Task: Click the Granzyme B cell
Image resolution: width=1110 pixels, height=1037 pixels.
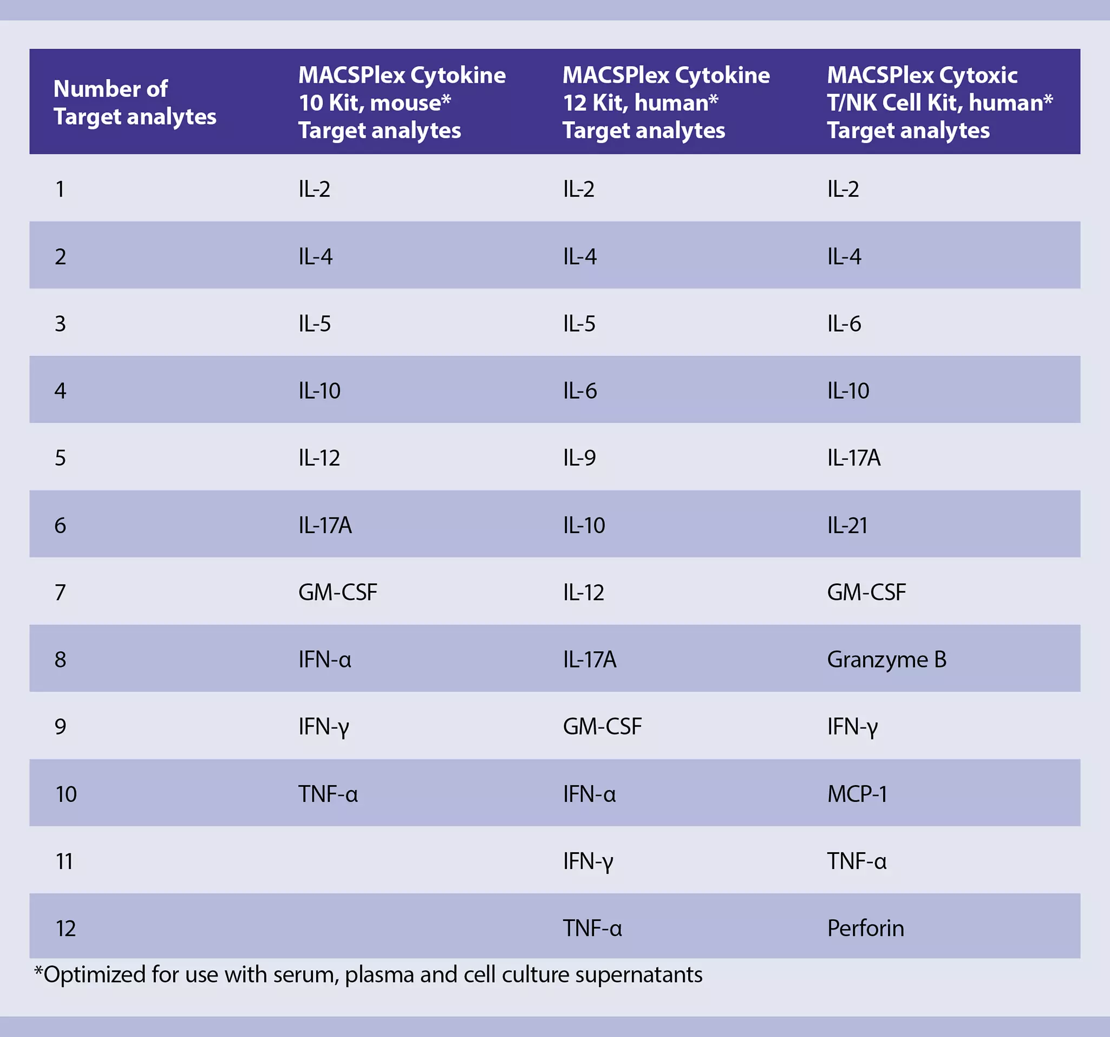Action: (886, 659)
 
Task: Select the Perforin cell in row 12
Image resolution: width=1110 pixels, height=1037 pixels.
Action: (865, 928)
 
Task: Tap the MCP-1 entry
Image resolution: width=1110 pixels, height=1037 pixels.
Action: (857, 794)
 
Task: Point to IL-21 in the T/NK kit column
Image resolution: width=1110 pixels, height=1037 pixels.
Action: (847, 525)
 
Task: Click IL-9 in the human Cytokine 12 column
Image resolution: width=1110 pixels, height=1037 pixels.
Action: (579, 458)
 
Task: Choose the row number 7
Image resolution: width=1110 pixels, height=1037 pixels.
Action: (60, 592)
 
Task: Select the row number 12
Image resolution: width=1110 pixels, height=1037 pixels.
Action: (66, 928)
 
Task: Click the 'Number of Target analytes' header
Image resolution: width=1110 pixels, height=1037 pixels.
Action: (135, 102)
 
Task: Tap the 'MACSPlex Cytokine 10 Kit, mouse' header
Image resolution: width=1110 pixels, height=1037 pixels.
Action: (401, 102)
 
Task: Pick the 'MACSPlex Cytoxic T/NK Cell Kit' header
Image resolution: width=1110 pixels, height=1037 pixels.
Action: (939, 102)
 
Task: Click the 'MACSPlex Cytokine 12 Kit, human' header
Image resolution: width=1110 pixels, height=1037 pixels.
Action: (665, 102)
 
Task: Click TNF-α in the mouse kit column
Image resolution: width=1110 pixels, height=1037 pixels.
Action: (328, 794)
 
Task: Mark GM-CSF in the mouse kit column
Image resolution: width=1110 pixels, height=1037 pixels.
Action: (337, 592)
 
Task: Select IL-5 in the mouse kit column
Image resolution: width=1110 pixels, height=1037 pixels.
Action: (315, 323)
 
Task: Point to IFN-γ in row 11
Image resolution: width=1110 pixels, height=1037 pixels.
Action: (587, 861)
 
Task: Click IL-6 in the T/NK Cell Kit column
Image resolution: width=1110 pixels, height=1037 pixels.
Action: (844, 323)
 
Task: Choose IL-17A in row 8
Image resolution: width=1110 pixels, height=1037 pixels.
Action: (589, 659)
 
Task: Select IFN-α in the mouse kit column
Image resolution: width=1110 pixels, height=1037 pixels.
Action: (324, 659)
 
